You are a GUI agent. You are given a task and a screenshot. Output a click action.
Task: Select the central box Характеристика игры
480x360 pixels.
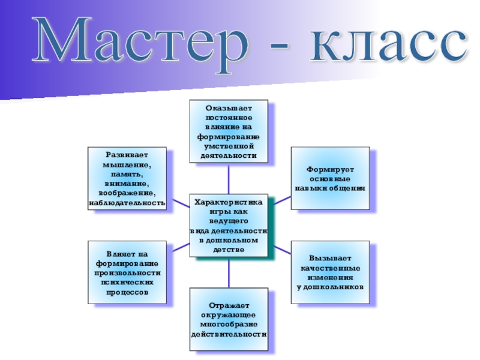(x=229, y=225)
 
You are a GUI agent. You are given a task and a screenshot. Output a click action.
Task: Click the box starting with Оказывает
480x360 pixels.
(x=229, y=131)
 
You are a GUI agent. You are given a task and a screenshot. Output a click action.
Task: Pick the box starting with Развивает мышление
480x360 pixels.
(x=127, y=178)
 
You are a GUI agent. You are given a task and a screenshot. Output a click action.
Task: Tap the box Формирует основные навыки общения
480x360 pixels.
(x=330, y=178)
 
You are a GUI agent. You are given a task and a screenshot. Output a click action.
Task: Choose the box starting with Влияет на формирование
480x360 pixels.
(x=127, y=272)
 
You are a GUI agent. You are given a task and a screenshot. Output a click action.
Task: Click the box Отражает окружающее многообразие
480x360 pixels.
(x=229, y=319)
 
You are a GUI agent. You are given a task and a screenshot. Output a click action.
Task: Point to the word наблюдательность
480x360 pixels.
(x=127, y=203)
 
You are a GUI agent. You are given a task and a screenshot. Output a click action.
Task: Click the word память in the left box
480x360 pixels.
(x=127, y=173)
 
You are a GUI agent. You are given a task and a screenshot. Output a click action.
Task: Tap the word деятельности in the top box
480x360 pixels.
(x=229, y=156)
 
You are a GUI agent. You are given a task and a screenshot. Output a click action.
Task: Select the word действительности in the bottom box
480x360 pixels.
(x=229, y=334)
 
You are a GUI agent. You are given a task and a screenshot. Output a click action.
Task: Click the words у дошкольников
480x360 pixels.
(x=330, y=287)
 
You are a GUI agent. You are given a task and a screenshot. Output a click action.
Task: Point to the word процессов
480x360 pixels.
(x=127, y=292)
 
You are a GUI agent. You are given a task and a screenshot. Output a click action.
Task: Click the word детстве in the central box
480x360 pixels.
(x=229, y=250)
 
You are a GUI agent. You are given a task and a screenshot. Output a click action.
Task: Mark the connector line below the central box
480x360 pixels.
(x=229, y=272)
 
